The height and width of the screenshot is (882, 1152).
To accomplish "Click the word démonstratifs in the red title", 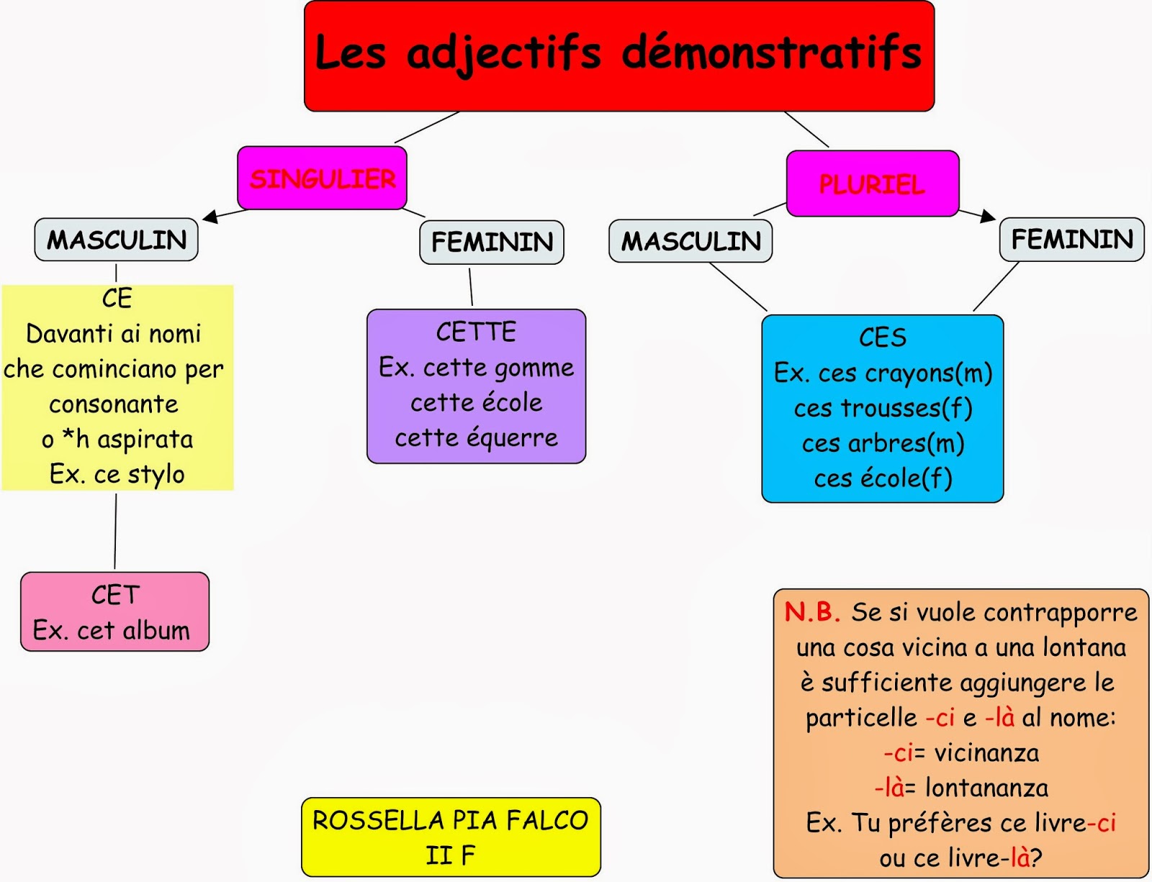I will [x=771, y=52].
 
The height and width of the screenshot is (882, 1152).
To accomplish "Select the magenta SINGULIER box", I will [x=322, y=178].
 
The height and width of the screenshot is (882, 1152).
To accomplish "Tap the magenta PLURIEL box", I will [x=872, y=184].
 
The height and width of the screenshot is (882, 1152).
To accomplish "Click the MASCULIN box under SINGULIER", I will [x=116, y=240].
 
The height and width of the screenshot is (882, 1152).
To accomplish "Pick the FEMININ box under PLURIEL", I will [x=1071, y=239].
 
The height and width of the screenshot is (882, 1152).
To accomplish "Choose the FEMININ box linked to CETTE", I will [x=492, y=242].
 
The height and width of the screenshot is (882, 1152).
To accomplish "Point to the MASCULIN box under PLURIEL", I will [x=690, y=241].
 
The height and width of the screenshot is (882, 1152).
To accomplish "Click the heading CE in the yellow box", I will [x=117, y=298].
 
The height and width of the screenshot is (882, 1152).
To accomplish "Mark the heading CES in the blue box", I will [x=882, y=337].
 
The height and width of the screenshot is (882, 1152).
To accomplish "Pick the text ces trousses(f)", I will [x=883, y=408].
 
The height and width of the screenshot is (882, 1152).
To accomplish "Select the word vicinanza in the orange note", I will [x=986, y=753].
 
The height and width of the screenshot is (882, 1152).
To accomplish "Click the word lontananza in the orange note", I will [x=986, y=788].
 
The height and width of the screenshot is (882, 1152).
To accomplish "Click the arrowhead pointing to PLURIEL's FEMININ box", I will [x=988, y=216].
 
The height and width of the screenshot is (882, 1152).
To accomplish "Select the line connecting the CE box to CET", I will [x=115, y=531].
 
